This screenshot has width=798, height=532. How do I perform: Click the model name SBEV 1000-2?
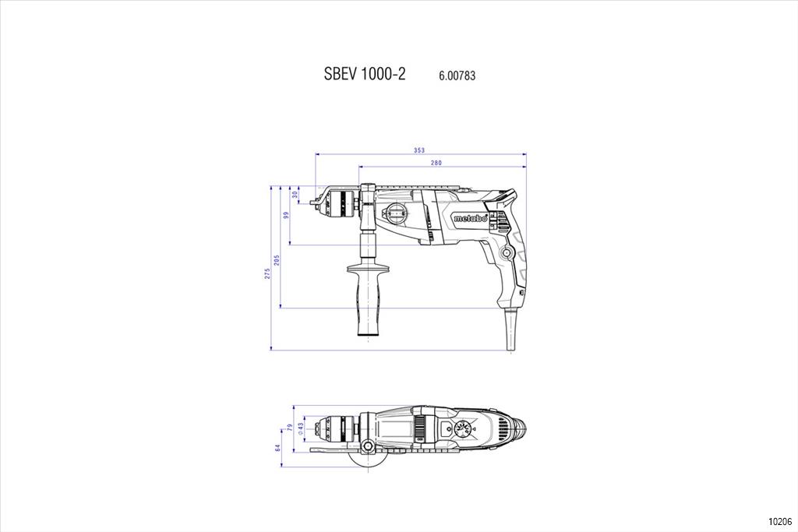(365, 74)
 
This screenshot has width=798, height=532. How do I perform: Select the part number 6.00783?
(457, 76)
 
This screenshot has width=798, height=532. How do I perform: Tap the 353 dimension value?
(418, 150)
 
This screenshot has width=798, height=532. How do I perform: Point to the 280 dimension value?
(436, 163)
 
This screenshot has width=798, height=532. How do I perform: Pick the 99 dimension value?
(286, 215)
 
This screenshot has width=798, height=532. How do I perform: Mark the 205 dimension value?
(277, 260)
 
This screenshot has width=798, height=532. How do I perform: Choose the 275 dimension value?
(267, 273)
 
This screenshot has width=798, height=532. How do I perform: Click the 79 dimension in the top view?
(291, 428)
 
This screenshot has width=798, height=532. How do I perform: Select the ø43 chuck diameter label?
(300, 427)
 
